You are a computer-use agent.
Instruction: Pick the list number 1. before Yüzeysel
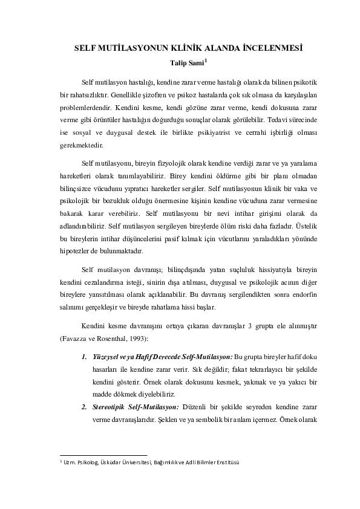(x=84, y=357)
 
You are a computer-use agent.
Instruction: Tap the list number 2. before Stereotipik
(x=84, y=408)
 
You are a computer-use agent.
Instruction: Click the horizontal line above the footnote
(x=103, y=455)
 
